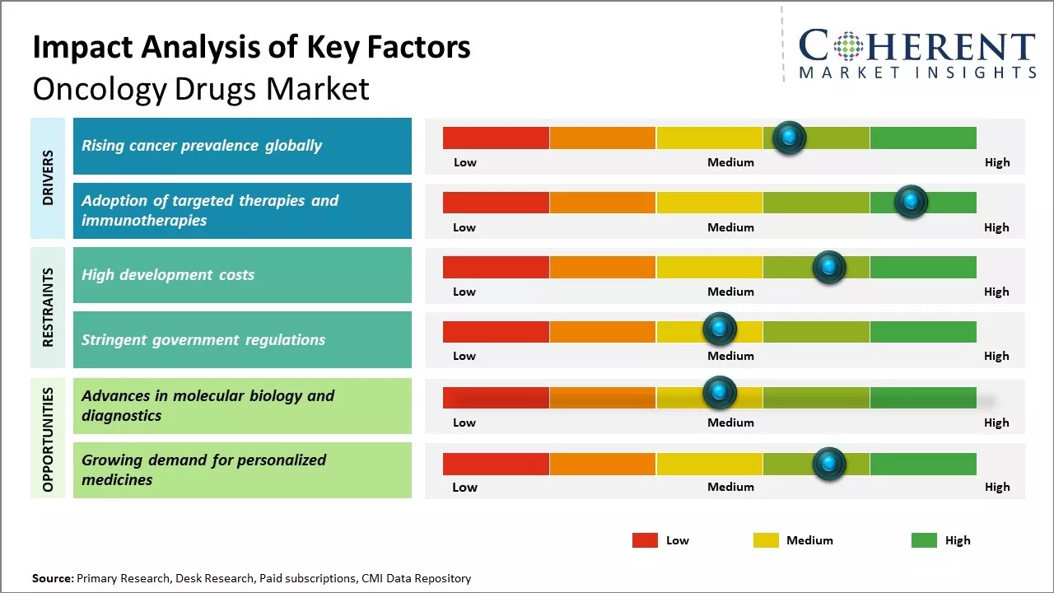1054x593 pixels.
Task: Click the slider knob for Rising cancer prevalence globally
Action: (789, 138)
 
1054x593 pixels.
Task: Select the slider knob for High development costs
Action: (828, 267)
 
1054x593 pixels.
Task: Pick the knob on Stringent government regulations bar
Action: (719, 329)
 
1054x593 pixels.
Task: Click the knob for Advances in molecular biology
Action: (719, 392)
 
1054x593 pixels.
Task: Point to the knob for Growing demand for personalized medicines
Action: (828, 464)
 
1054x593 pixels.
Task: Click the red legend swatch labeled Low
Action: (645, 540)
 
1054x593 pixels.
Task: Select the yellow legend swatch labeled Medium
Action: (766, 540)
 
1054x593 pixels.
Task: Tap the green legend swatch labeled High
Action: (924, 540)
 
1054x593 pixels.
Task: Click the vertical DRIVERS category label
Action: (48, 177)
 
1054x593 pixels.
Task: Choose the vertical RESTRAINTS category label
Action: (48, 307)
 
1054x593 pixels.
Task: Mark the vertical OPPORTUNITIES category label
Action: (48, 439)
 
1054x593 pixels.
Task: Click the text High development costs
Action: (168, 275)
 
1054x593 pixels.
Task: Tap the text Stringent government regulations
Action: (203, 339)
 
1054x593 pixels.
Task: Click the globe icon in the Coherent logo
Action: (848, 46)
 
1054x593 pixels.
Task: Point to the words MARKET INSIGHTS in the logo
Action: (917, 72)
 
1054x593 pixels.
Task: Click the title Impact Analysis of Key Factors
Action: (251, 48)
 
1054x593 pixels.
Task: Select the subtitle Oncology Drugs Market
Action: (201, 89)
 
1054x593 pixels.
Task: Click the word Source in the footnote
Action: (53, 578)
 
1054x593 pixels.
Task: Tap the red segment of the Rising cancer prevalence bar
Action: (496, 138)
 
